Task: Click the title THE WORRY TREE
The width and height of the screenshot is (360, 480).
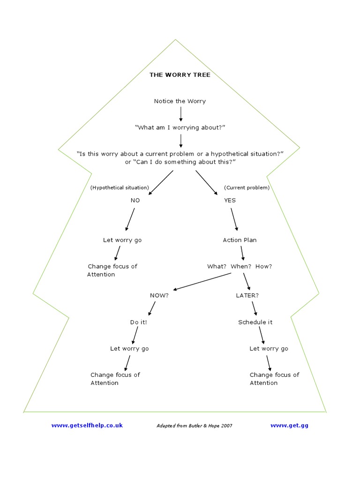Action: point(180,75)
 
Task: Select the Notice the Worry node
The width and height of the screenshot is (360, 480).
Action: point(180,101)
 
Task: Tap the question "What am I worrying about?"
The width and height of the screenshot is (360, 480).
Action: point(180,127)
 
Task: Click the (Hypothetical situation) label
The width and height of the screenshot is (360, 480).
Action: point(120,187)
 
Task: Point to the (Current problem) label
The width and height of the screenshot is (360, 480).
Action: point(247,187)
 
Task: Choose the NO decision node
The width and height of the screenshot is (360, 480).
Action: point(135,200)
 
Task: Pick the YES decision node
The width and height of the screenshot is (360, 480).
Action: point(230,200)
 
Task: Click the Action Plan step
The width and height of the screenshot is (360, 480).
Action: point(240,240)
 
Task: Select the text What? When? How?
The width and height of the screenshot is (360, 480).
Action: point(240,266)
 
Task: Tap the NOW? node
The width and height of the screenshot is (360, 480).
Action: point(159,295)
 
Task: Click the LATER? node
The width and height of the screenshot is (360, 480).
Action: point(247,295)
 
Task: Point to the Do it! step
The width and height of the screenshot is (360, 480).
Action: point(138,322)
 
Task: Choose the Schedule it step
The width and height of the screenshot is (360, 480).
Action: point(255,322)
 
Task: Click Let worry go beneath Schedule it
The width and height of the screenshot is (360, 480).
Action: point(269,348)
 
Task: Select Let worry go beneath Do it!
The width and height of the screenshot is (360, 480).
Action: point(129,348)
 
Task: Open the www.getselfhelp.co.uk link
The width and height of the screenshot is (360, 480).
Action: point(87,425)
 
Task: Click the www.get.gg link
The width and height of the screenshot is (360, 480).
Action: point(289,425)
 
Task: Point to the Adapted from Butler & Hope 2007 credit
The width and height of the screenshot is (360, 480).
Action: point(194,426)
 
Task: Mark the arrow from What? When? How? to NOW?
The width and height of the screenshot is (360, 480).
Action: point(202,281)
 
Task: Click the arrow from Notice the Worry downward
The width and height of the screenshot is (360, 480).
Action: point(181,114)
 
